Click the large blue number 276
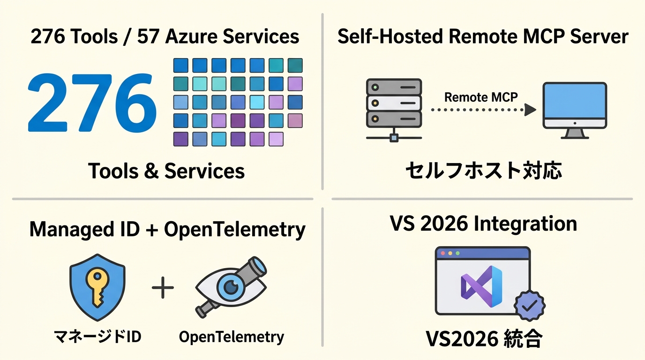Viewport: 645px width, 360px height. [x=92, y=102]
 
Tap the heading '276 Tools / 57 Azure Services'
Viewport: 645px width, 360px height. [x=165, y=37]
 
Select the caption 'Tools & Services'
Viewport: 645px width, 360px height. [x=166, y=171]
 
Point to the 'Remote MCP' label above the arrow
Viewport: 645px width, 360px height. [x=480, y=97]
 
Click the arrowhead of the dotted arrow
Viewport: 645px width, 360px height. [x=531, y=110]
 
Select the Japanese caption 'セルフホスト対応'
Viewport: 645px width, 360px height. [x=483, y=171]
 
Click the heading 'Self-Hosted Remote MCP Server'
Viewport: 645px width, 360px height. [x=483, y=37]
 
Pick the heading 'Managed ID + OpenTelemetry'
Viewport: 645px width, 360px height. [x=167, y=230]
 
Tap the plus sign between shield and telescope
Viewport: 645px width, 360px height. [x=163, y=288]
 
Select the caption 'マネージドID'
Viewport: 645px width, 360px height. [x=97, y=336]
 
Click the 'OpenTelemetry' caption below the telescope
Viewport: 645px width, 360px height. [x=232, y=337]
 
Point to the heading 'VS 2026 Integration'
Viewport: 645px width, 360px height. [x=483, y=224]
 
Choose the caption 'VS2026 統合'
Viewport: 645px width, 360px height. [x=483, y=339]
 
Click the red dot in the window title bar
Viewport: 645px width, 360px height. [x=442, y=253]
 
